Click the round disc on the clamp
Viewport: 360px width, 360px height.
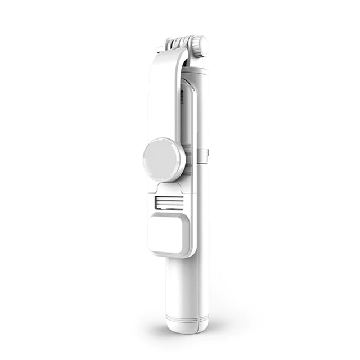(x=164, y=161)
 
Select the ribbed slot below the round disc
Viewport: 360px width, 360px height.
(x=169, y=203)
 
